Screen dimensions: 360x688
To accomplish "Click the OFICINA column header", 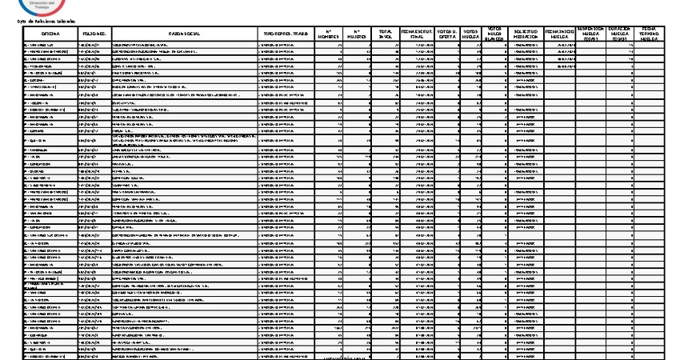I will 51,34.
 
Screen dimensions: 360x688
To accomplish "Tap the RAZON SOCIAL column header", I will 184,34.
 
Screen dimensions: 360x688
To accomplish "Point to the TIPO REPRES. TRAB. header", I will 283,34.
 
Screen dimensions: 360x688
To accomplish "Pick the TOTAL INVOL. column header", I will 386,34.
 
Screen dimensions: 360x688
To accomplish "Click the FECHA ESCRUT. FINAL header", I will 417,34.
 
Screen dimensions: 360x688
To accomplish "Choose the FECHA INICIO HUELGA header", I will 559,34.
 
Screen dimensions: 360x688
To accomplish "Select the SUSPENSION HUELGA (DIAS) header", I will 591,34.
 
